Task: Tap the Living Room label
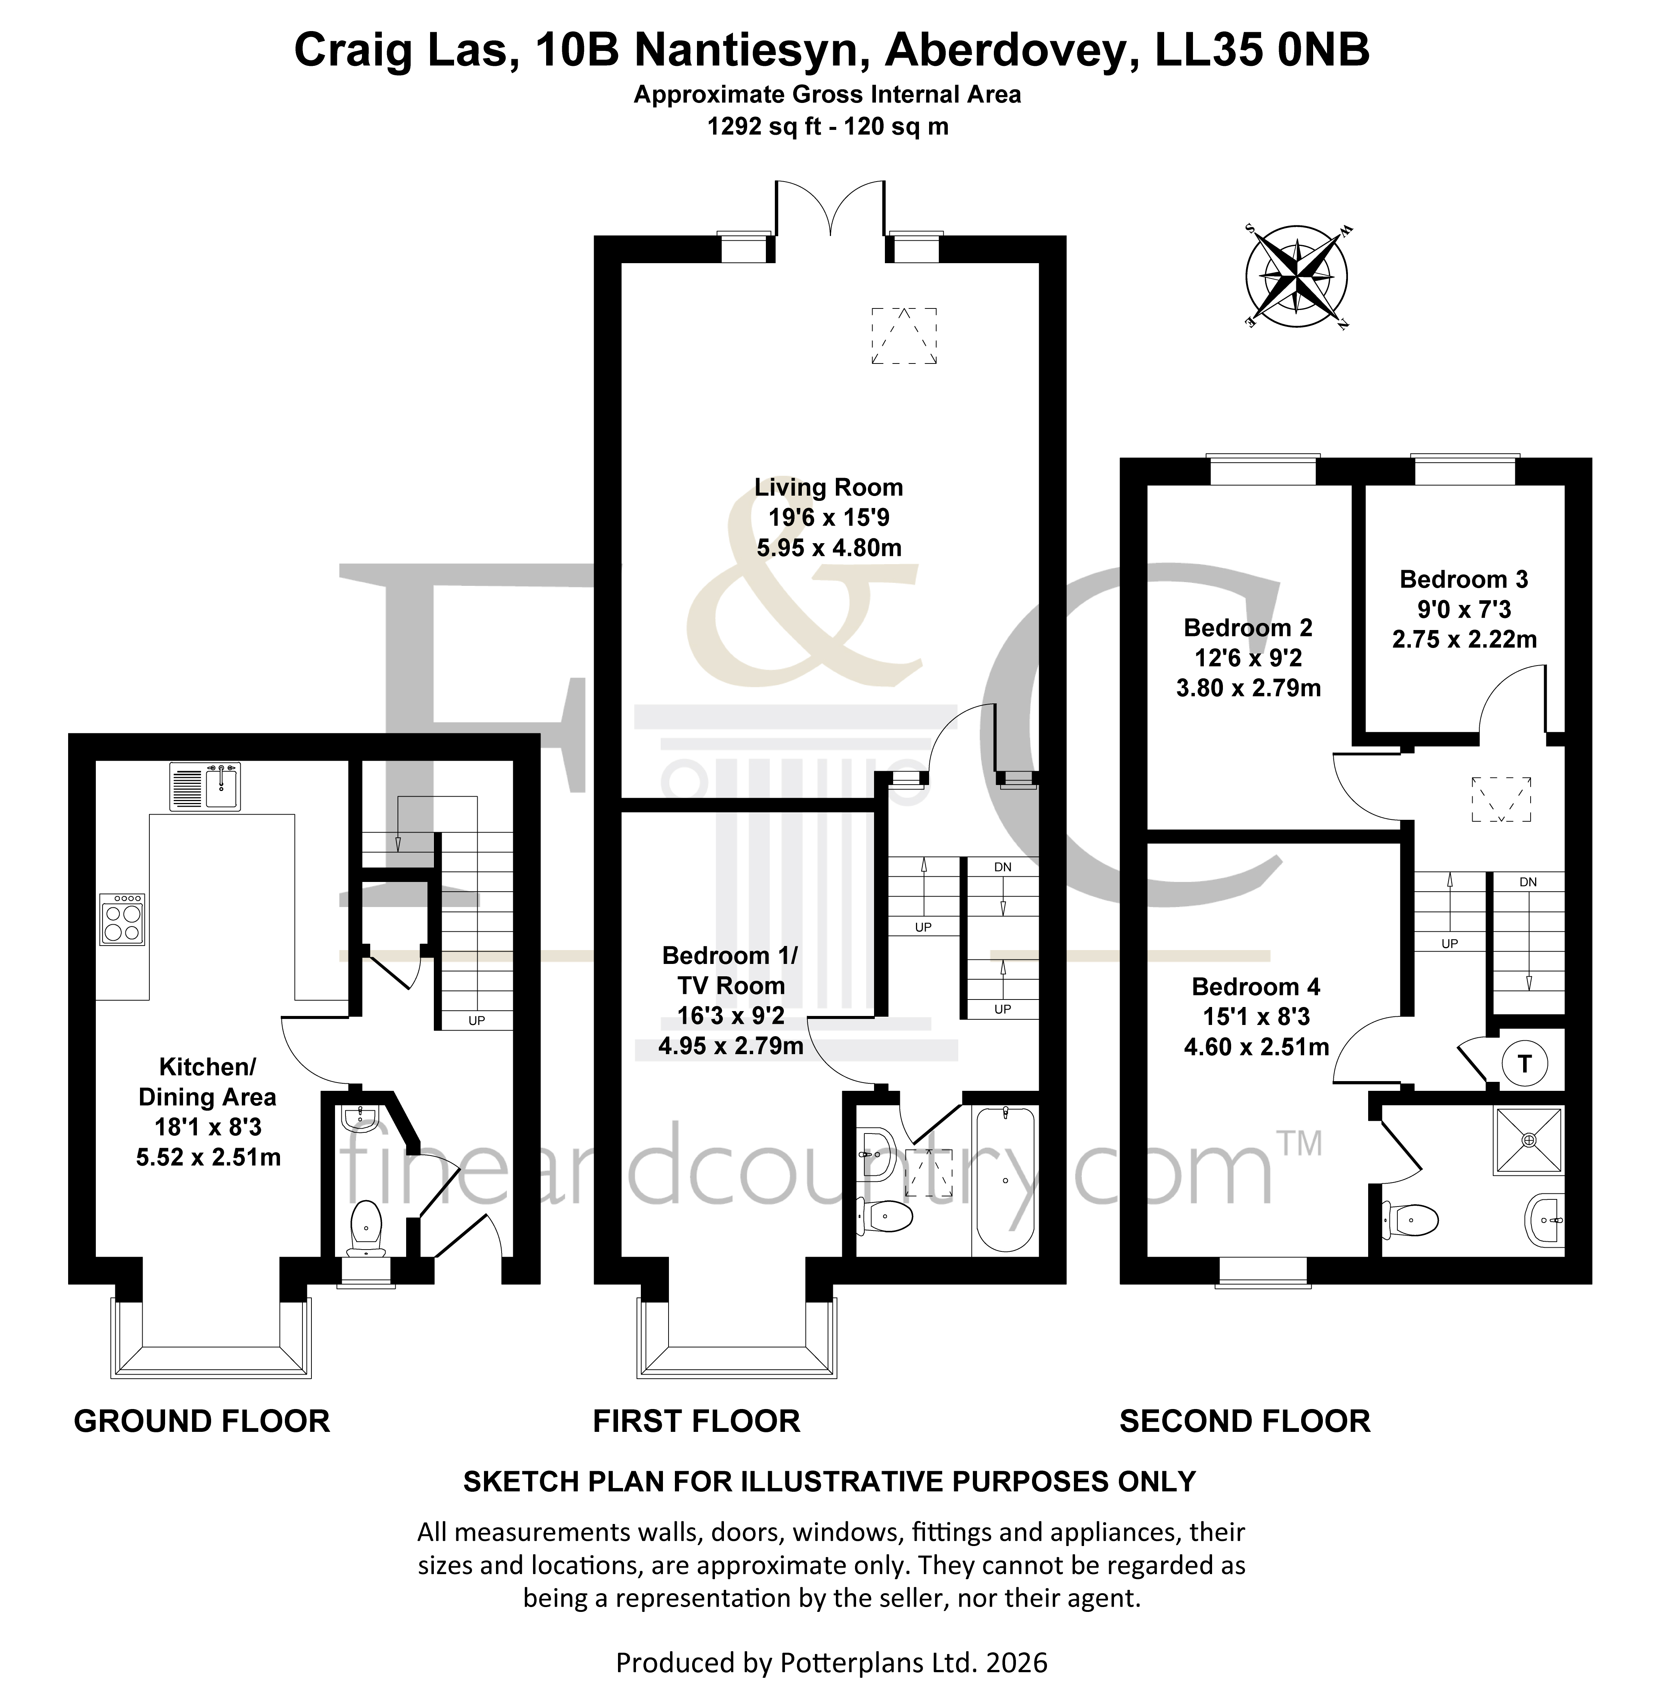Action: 828,487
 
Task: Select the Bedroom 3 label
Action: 1464,579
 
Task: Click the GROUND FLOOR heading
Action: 202,1421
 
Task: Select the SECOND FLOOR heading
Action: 1245,1421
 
